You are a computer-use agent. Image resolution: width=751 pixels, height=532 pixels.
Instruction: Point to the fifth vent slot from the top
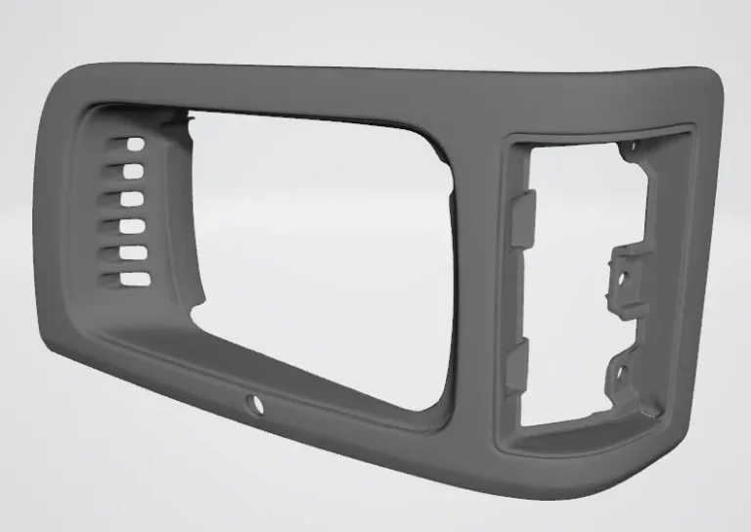click(x=133, y=253)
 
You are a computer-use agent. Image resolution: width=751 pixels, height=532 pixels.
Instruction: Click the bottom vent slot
click(x=134, y=280)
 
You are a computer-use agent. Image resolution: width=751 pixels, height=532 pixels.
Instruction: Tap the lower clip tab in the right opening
click(x=516, y=368)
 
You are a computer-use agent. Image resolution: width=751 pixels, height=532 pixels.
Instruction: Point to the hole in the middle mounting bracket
click(x=623, y=277)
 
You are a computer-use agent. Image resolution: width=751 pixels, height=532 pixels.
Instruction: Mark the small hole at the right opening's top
click(x=632, y=147)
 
